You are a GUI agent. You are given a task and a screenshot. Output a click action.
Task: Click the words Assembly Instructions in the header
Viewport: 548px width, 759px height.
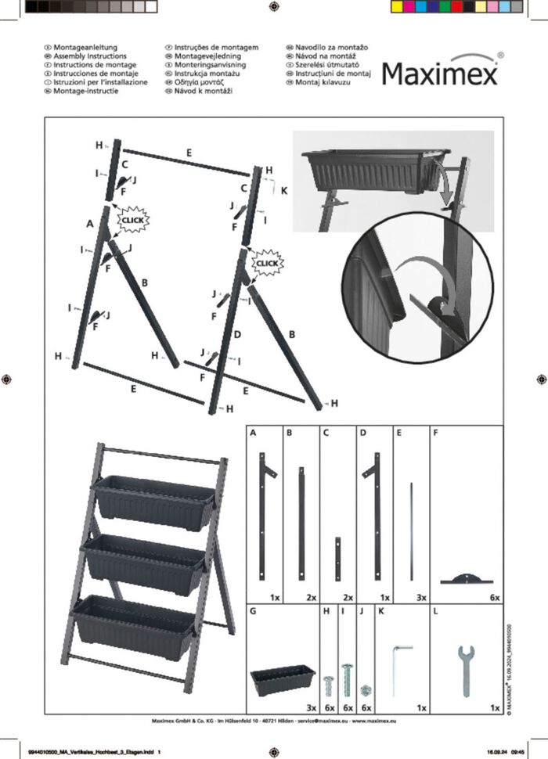click(x=85, y=57)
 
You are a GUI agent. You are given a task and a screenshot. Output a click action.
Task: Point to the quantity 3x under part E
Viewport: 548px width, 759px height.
click(x=420, y=596)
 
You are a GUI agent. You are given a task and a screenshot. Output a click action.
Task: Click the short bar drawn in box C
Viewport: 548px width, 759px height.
click(x=338, y=559)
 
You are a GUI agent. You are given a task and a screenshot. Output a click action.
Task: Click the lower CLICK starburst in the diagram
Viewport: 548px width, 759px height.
click(x=267, y=263)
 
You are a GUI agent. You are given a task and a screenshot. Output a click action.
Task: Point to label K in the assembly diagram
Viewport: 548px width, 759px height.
click(x=284, y=189)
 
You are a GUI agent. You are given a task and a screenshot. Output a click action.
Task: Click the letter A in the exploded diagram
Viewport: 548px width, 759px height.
click(x=90, y=224)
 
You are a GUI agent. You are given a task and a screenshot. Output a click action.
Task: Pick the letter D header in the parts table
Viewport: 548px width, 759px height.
click(x=362, y=432)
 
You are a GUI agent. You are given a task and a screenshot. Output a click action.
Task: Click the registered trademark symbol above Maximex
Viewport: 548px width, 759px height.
click(x=500, y=56)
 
